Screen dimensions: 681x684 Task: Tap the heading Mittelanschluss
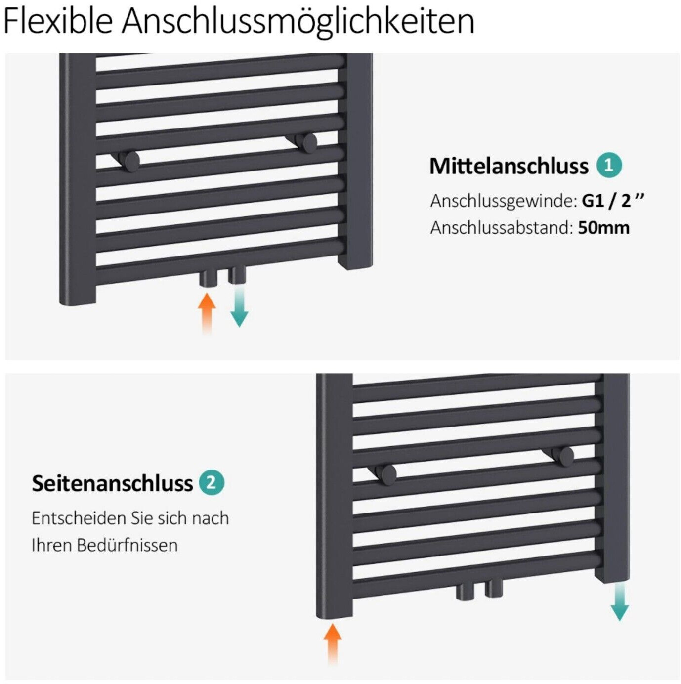[x=509, y=166]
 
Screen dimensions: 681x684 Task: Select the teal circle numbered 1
[x=609, y=166]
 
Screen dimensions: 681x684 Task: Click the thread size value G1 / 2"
[x=613, y=201]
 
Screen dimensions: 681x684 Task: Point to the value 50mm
[x=603, y=227]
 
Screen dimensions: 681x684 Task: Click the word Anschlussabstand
[x=502, y=228]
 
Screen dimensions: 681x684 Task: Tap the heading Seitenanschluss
[x=112, y=483]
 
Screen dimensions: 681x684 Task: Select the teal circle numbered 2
[x=212, y=483]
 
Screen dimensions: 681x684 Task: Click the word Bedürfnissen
[x=127, y=545]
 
